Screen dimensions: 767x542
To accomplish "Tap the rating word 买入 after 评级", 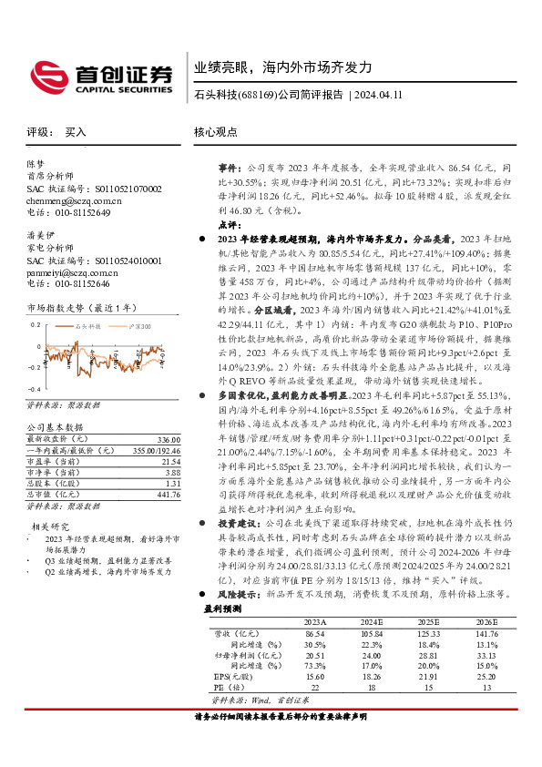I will click(x=76, y=132).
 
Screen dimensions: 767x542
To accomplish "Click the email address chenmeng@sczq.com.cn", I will click(x=75, y=200).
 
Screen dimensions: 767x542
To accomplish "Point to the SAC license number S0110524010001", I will click(x=119, y=260).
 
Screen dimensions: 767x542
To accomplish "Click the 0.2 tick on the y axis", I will click(x=36, y=324).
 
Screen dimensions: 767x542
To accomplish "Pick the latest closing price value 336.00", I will click(x=165, y=439).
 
